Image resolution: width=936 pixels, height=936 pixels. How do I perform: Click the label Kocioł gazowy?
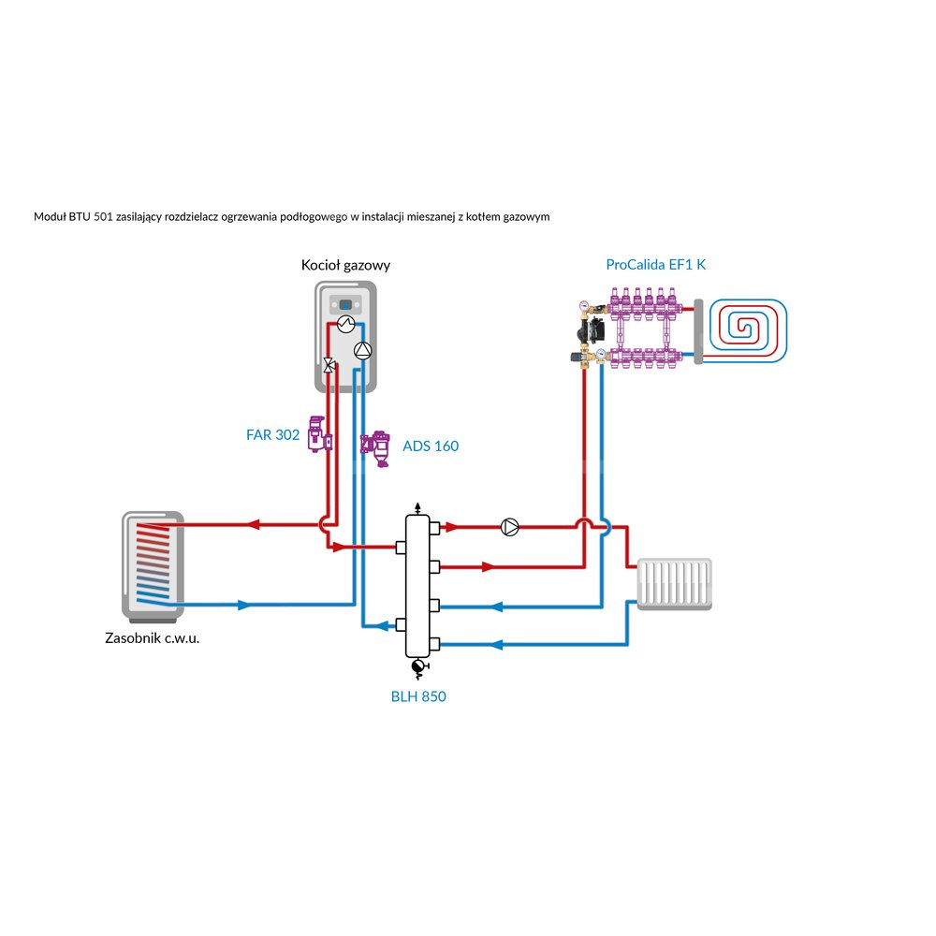345,265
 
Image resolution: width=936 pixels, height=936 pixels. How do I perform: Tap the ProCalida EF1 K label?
656,265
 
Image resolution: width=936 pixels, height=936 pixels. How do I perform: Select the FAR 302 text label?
272,435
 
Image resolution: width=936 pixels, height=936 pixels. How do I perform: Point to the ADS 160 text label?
431,446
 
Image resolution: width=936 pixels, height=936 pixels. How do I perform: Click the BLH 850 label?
418,696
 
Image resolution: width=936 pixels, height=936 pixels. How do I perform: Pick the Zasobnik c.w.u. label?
153,639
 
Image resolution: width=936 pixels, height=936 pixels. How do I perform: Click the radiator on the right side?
674,584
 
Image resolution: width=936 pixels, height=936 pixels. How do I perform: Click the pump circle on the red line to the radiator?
510,526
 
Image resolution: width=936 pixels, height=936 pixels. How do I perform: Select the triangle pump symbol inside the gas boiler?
363,350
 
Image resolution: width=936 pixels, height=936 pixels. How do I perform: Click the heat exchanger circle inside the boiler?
345,324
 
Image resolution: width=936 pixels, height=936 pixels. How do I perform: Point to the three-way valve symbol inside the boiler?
329,366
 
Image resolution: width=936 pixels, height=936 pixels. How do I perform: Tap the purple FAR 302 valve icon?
319,434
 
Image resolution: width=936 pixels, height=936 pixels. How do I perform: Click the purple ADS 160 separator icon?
378,446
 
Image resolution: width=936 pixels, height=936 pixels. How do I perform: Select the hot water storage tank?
153,567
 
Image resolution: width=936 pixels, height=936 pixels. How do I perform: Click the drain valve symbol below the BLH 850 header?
418,666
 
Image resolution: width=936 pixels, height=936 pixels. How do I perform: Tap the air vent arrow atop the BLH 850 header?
417,505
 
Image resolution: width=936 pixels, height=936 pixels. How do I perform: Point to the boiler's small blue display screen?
345,304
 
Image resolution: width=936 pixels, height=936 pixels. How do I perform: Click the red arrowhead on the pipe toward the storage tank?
253,525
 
